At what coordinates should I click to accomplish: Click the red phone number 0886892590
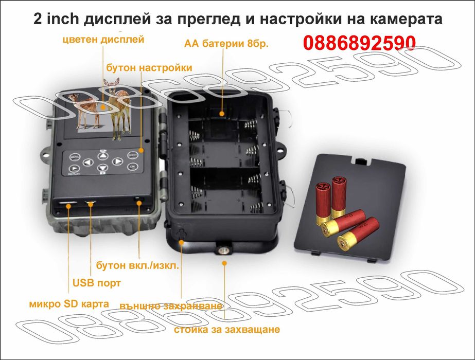coord(359,43)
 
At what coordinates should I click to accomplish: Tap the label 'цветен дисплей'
coord(102,39)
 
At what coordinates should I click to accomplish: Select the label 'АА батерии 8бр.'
coord(226,44)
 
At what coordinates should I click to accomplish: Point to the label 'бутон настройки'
coord(149,68)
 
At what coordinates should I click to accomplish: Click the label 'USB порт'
coord(96,282)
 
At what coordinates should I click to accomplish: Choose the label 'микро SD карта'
coord(69,303)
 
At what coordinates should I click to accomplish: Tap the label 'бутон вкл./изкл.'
coord(137,266)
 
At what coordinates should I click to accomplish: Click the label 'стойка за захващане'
coord(227,329)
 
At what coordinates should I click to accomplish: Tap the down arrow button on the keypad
coord(102,168)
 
